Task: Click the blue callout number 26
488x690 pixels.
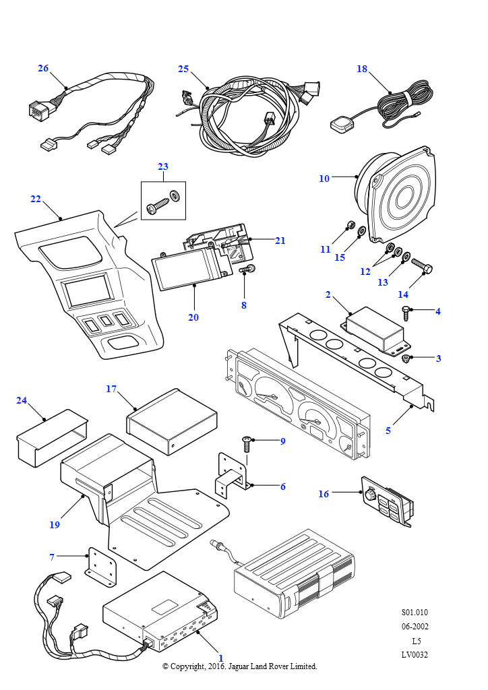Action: pyautogui.click(x=43, y=68)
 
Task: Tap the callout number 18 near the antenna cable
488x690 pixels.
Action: pyautogui.click(x=362, y=68)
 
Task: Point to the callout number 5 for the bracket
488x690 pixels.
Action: pyautogui.click(x=388, y=430)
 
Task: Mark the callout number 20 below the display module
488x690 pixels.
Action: pyautogui.click(x=193, y=317)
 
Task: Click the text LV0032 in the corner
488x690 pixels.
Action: pyautogui.click(x=415, y=654)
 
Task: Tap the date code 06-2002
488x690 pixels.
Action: pyautogui.click(x=415, y=626)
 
